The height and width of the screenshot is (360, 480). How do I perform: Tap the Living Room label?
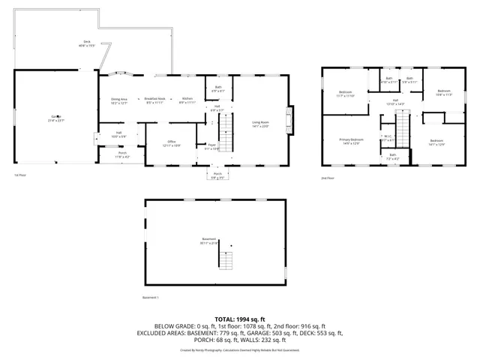pyautogui.click(x=260, y=124)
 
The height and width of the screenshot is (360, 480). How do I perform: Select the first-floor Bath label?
pyautogui.click(x=218, y=88)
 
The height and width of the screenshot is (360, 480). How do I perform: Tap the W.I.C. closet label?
pyautogui.click(x=388, y=138)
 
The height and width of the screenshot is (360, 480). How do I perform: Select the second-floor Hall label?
pyautogui.click(x=394, y=101)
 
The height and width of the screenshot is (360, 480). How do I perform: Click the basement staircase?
pyautogui.click(x=226, y=260)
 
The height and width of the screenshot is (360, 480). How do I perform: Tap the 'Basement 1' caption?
pyautogui.click(x=151, y=298)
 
